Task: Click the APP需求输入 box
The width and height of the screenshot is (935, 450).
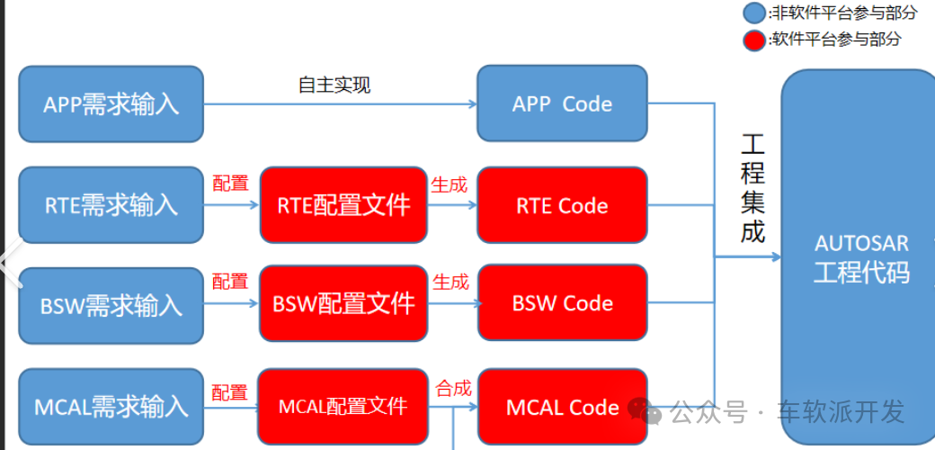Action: pyautogui.click(x=111, y=103)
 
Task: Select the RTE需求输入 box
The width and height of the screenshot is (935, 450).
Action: pyautogui.click(x=111, y=205)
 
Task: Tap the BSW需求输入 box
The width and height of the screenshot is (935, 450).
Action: pyautogui.click(x=111, y=304)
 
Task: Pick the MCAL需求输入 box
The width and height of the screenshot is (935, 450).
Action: pyautogui.click(x=111, y=406)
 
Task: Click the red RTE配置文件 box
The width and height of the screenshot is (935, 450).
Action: pyautogui.click(x=343, y=205)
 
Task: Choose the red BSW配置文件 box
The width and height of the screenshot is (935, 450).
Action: pyautogui.click(x=343, y=302)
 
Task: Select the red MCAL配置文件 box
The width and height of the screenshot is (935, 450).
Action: pyautogui.click(x=343, y=406)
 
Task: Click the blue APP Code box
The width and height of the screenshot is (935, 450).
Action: pyautogui.click(x=562, y=103)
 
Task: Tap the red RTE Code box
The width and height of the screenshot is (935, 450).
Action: pyautogui.click(x=562, y=205)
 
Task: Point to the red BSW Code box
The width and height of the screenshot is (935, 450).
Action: pyautogui.click(x=562, y=302)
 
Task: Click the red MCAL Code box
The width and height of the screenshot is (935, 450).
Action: pyautogui.click(x=562, y=408)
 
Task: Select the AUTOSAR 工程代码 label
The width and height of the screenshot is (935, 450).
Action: pyautogui.click(x=860, y=257)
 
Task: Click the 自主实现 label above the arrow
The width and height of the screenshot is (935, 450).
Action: pyautogui.click(x=334, y=85)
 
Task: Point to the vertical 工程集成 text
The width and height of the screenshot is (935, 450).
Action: pyautogui.click(x=752, y=188)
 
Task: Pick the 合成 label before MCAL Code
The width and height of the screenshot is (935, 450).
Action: pyautogui.click(x=453, y=389)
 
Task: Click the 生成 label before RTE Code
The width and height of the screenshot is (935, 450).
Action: pyautogui.click(x=450, y=184)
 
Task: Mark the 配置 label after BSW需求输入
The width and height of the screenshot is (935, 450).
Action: pyautogui.click(x=230, y=282)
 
